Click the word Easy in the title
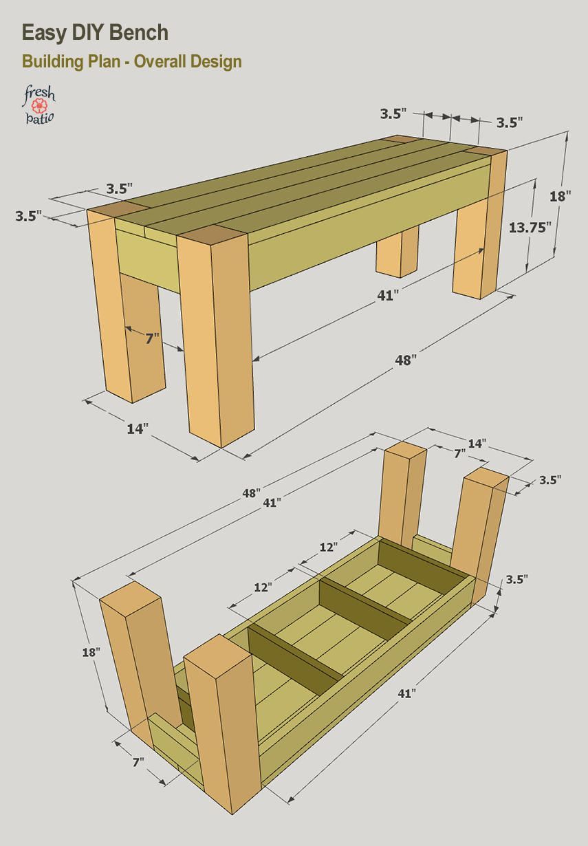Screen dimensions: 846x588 (x=43, y=32)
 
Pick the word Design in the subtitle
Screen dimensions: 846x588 (x=217, y=61)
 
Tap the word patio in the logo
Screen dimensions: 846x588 (x=39, y=118)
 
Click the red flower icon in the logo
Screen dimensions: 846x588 (x=39, y=105)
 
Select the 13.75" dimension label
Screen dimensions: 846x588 (x=530, y=227)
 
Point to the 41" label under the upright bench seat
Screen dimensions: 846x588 (x=386, y=295)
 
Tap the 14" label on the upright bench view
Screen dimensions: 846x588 (x=137, y=429)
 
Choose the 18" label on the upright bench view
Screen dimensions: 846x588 (x=560, y=196)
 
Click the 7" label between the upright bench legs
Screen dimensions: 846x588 (x=152, y=337)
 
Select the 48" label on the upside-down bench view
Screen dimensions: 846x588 (x=251, y=493)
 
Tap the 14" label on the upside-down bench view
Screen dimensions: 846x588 (x=477, y=443)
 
